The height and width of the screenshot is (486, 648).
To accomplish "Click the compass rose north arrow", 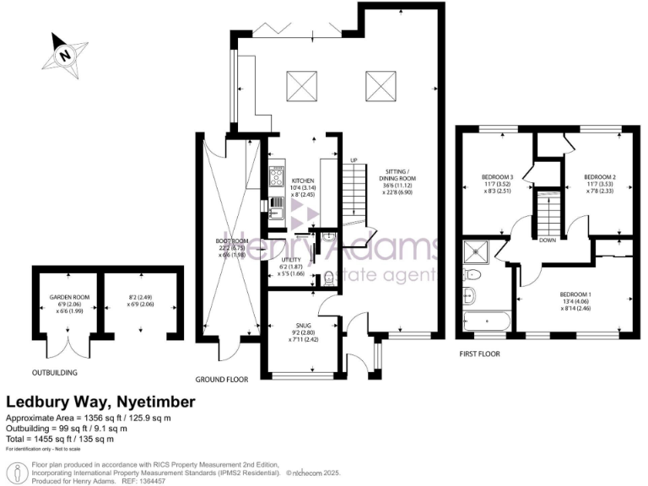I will [x=65, y=55].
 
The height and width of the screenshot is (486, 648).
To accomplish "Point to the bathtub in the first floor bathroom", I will [x=489, y=322].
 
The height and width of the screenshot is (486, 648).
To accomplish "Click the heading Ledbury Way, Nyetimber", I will [x=100, y=402].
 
